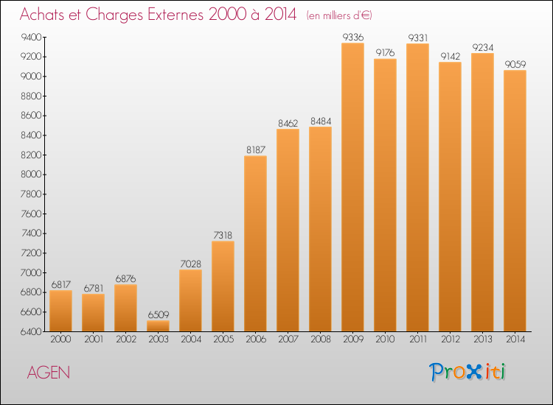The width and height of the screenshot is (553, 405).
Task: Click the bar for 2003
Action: point(158,325)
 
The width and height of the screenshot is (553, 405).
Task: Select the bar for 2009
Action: point(352,187)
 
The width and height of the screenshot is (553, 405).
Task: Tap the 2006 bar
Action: point(255,243)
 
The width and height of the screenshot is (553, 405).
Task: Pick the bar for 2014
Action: point(515,201)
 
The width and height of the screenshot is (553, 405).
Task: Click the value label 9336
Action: point(353,37)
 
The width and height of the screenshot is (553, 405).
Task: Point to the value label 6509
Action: point(159,314)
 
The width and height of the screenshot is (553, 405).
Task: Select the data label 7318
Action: point(223,235)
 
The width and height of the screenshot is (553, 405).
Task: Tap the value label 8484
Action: point(321,121)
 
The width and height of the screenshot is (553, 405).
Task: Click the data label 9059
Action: point(515,64)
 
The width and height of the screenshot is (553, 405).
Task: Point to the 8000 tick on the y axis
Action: point(31,175)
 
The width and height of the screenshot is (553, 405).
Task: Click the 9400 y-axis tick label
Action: point(31,37)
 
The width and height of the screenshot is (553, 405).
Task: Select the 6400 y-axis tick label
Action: point(31,331)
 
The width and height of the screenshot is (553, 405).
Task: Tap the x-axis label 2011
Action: point(418,339)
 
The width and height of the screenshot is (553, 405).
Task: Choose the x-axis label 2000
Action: point(60,339)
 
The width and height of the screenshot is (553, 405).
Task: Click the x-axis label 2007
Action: point(288,339)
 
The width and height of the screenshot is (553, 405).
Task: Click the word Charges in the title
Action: point(114,15)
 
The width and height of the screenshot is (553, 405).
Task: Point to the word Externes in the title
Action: point(175,14)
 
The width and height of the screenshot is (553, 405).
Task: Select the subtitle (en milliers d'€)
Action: point(339,15)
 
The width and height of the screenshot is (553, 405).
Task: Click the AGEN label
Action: point(49,373)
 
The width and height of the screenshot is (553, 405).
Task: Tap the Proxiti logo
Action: point(467,372)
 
